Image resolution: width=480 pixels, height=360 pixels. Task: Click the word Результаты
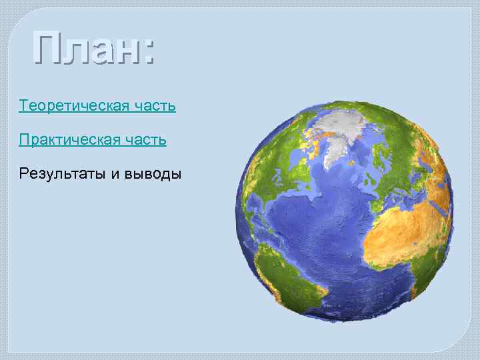(63, 175)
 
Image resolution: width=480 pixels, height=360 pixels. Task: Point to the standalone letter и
(115, 175)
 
